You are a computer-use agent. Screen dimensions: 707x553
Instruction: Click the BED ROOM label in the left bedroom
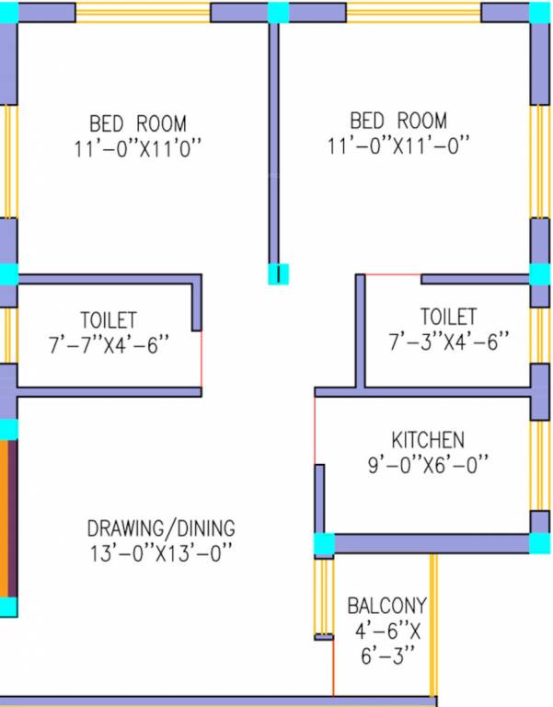click(x=137, y=122)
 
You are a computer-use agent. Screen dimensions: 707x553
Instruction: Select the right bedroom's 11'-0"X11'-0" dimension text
click(x=397, y=145)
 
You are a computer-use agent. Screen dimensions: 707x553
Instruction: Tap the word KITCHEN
click(x=428, y=440)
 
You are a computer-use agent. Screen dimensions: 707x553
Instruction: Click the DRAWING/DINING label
click(x=161, y=528)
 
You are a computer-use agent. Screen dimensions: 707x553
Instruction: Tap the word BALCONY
click(x=386, y=606)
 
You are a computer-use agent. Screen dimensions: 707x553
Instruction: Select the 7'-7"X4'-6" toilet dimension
click(x=109, y=343)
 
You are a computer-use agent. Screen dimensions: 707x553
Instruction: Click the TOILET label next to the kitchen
click(x=449, y=317)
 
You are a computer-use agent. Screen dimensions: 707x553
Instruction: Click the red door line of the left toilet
click(x=201, y=360)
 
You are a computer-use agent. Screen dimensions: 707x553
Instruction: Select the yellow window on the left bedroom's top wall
click(x=143, y=13)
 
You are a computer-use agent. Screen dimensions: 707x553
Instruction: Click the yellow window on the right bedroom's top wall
click(x=413, y=13)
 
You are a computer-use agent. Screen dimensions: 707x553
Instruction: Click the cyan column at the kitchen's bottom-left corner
click(x=323, y=545)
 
